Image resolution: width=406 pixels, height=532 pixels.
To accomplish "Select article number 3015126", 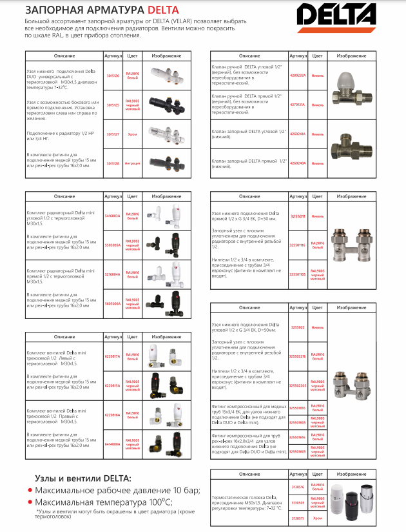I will point(113,75).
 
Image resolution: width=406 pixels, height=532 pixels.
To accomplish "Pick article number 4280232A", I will point(297,75).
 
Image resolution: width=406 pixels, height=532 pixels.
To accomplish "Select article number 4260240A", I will point(297,163).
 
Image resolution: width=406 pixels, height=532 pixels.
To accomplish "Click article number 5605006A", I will point(113,302).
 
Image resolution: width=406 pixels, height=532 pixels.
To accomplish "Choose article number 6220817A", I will point(113,355).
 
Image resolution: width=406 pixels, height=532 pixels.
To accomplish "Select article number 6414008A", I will point(113,443).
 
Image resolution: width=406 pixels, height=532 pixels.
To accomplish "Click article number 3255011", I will point(297,217).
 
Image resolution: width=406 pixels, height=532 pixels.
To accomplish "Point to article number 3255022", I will point(297,327).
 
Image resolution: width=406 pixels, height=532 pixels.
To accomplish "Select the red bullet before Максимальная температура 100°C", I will point(28,501).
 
